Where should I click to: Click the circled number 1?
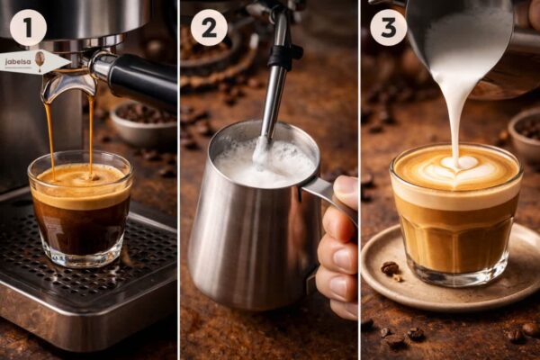pyautogui.click(x=28, y=27)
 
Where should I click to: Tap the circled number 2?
pyautogui.click(x=209, y=27)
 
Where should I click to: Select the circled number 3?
pyautogui.click(x=389, y=27)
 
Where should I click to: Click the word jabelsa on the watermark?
pyautogui.click(x=18, y=62)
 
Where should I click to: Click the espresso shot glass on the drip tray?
pyautogui.click(x=81, y=209)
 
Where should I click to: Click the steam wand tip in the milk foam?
pyautogui.click(x=261, y=155)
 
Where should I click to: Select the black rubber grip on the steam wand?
pyautogui.click(x=283, y=55)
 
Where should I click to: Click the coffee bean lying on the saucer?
pyautogui.click(x=390, y=268)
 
